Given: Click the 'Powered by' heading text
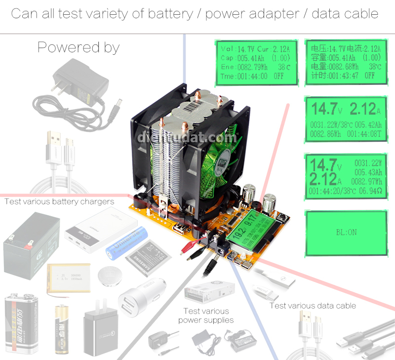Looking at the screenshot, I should coord(79,47).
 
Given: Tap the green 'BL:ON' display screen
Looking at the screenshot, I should coord(346,232).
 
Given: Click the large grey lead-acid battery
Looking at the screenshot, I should coord(31,242).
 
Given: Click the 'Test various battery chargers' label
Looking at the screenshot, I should coord(59,201).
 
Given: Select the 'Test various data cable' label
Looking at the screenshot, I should coord(313,306).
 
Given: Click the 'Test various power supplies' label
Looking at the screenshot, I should coord(206,316).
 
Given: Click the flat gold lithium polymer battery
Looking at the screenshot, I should coord(70,277).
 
